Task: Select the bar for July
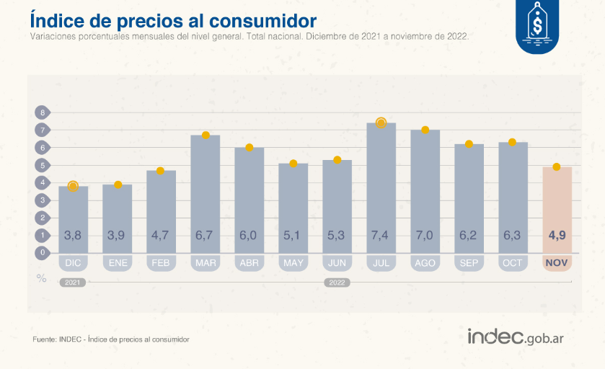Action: (x=381, y=187)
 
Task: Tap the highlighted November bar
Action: (x=557, y=209)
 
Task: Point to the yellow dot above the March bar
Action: (x=206, y=135)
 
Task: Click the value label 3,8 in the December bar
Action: (x=73, y=236)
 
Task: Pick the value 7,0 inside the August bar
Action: (x=425, y=236)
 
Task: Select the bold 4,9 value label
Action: (x=557, y=236)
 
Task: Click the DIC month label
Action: (x=73, y=263)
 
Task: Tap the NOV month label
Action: (x=557, y=263)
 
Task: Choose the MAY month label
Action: (x=293, y=263)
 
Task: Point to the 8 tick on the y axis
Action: (x=43, y=112)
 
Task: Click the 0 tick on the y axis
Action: (x=43, y=252)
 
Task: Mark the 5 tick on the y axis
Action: (x=43, y=165)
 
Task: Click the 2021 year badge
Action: (x=72, y=283)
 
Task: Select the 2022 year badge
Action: (x=337, y=283)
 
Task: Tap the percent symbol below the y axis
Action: (x=42, y=277)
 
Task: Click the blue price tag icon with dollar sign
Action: (x=536, y=27)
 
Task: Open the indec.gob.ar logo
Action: (x=515, y=337)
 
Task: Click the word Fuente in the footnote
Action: (x=44, y=339)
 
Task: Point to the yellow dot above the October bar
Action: (x=513, y=143)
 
